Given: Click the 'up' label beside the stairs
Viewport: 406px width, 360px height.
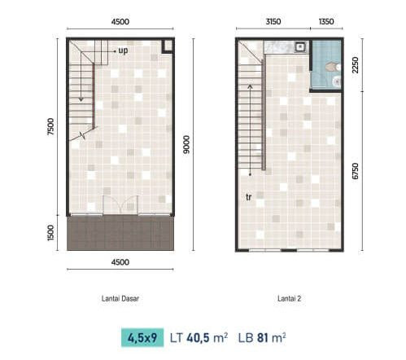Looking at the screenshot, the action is point(123,50).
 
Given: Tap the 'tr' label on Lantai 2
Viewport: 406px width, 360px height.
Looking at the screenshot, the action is point(248,197).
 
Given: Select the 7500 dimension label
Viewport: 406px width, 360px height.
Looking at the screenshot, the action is point(50,126).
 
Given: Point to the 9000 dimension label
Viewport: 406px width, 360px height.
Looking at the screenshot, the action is point(186,145).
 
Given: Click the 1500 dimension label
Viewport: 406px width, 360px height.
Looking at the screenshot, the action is point(50,233).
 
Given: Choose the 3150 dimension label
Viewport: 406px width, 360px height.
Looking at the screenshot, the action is point(273,21).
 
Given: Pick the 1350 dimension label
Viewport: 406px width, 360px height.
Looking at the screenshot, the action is point(326,21).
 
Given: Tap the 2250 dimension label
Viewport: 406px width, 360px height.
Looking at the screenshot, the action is point(355,65).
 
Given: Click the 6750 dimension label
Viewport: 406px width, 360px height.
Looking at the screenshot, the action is point(355,171).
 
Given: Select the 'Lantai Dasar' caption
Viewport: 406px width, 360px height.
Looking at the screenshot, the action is point(120,299).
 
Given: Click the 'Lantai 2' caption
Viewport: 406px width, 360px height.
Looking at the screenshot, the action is point(289,299).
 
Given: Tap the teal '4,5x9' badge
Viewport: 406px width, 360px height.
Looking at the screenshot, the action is point(142,338).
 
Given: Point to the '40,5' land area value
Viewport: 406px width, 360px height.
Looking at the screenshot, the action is point(198,338).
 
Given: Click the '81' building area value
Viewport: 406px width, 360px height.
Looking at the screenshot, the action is point(262,338).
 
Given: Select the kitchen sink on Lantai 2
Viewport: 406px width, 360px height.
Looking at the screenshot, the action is point(300,47).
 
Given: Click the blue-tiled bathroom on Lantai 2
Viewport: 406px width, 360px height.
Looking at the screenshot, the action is point(326,65).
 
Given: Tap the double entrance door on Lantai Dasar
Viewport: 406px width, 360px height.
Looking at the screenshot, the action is point(120,204).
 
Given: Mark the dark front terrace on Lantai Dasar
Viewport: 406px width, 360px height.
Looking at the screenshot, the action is point(120,233).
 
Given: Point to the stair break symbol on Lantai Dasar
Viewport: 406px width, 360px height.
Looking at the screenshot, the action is point(82,135).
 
